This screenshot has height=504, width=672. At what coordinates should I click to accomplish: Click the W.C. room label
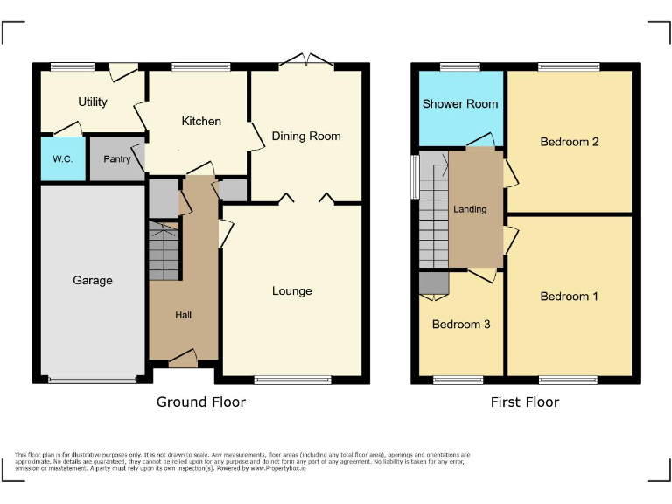(62, 159)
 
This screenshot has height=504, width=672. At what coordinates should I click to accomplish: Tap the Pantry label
(116, 159)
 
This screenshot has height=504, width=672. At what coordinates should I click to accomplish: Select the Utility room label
(93, 102)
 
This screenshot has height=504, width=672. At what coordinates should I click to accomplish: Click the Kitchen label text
(201, 122)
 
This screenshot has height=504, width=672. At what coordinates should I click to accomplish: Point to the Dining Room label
(306, 136)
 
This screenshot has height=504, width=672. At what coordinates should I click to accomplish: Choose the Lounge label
(291, 291)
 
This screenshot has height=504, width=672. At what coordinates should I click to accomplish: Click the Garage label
(93, 281)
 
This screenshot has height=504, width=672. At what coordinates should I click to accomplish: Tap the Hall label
(183, 315)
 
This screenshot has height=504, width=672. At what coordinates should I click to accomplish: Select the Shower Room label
(460, 104)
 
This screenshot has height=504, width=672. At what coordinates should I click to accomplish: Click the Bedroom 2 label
(570, 142)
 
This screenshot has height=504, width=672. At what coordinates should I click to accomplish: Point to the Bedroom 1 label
(570, 297)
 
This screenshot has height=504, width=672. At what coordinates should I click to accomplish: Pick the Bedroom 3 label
(461, 325)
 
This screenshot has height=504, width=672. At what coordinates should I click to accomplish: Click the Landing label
(470, 209)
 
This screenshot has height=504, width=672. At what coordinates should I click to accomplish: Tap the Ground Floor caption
(201, 402)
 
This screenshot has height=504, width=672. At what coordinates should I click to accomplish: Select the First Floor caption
(525, 402)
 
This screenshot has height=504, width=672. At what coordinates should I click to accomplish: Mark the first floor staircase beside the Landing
(433, 210)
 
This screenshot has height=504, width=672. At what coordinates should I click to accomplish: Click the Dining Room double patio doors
(306, 61)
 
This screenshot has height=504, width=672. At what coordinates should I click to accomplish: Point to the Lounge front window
(292, 380)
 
